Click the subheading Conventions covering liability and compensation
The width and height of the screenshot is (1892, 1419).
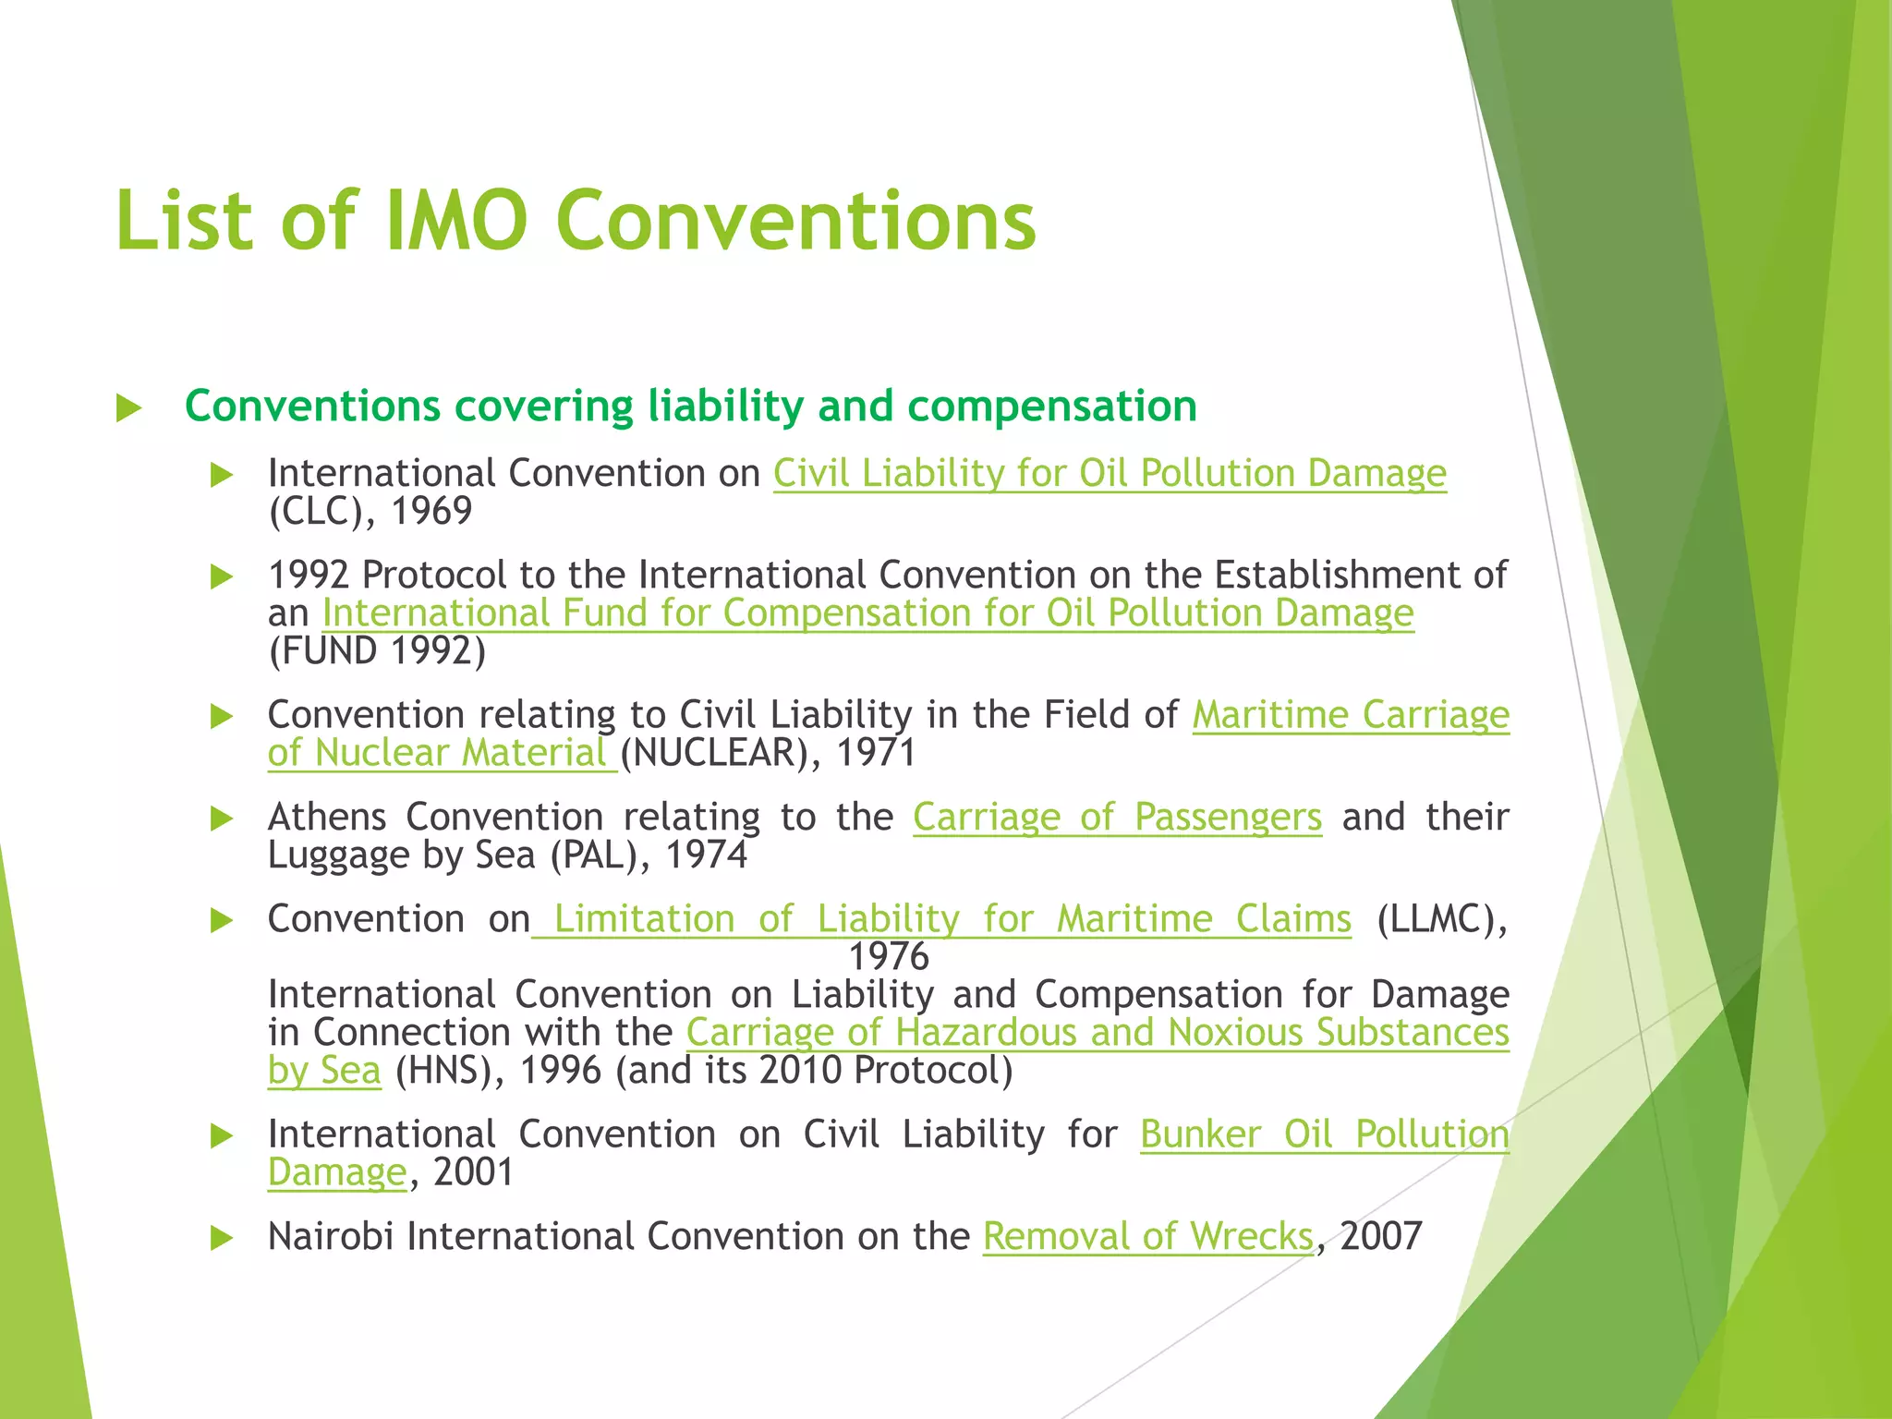click(690, 406)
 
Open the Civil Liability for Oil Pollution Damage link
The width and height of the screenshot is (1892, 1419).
click(1110, 474)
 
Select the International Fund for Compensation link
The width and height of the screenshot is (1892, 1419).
click(867, 613)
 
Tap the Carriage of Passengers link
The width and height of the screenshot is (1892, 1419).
click(1117, 818)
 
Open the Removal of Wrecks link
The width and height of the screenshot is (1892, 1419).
click(1147, 1236)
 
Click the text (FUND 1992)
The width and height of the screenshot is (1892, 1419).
click(377, 651)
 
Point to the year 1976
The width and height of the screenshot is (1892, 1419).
click(889, 957)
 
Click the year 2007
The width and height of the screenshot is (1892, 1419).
click(1381, 1236)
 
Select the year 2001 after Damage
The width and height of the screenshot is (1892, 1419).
click(473, 1172)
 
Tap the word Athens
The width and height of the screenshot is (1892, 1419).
click(327, 818)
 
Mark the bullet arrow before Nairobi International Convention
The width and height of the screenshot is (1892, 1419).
click(222, 1238)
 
